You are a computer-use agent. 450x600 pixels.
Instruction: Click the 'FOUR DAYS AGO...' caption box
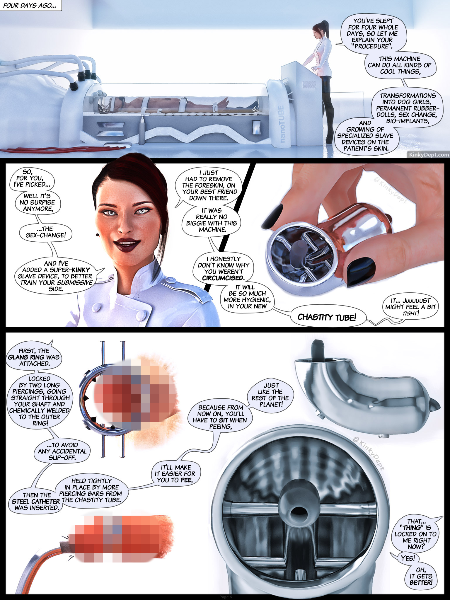click(30, 5)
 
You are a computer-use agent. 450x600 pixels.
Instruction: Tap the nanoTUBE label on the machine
click(280, 124)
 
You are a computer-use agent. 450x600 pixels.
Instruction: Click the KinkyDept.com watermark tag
click(429, 154)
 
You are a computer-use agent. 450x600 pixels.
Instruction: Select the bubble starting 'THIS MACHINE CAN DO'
click(400, 65)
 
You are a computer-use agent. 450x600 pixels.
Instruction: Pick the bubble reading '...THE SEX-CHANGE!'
click(45, 232)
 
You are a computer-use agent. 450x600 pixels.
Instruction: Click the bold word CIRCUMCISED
click(223, 278)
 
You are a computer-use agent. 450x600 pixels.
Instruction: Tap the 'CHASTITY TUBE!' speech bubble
click(327, 317)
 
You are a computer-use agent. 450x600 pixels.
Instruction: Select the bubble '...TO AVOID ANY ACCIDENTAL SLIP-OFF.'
click(62, 451)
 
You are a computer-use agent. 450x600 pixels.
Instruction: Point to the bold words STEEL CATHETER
click(36, 501)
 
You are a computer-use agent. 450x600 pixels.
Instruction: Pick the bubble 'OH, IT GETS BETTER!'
click(421, 576)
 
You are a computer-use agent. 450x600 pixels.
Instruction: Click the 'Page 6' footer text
click(226, 597)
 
